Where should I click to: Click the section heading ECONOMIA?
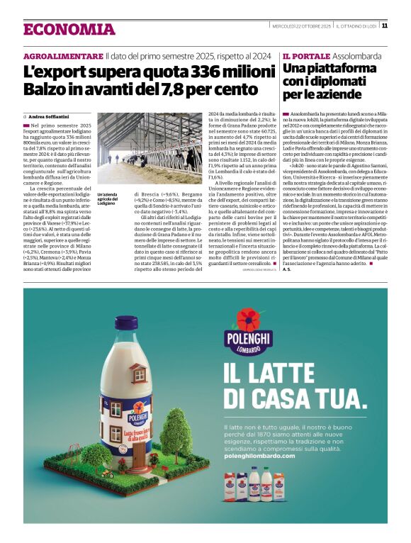tap(69, 29)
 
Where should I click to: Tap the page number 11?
tap(384, 26)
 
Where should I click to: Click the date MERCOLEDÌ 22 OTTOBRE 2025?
tap(301, 26)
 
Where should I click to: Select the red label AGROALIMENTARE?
tap(63, 56)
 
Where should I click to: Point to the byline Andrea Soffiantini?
tap(49, 116)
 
